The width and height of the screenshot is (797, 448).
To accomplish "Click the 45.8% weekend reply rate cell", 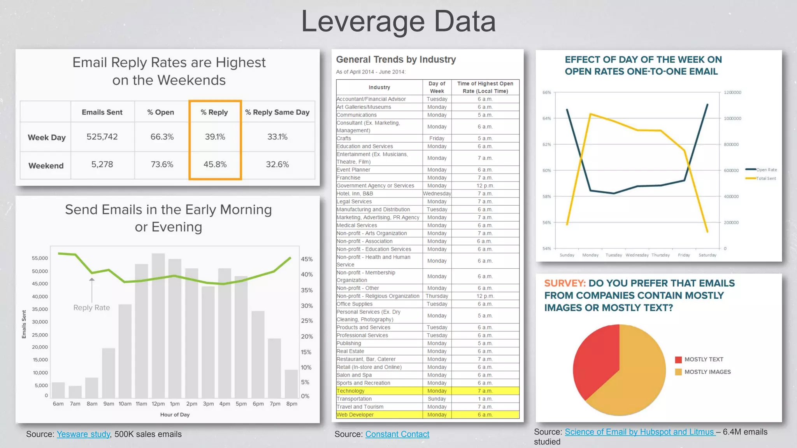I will click(215, 164).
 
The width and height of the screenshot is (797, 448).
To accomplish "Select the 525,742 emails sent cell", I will click(102, 137).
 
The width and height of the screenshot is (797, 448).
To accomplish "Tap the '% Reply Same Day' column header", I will click(277, 112).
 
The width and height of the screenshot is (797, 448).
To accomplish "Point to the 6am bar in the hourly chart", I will click(58, 390).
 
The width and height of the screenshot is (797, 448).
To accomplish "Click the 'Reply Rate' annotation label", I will click(91, 308).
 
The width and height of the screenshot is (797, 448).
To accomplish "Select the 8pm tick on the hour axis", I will click(291, 404).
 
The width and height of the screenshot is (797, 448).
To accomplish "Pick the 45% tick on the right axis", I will click(307, 259).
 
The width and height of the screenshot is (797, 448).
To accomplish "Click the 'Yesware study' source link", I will click(83, 434).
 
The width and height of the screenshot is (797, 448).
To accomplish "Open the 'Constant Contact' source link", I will click(397, 434).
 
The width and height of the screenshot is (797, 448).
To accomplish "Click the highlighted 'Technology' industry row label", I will click(351, 391).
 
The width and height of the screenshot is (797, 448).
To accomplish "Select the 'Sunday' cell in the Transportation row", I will click(437, 399).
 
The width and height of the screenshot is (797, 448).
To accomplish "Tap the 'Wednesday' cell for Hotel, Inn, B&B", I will click(437, 194).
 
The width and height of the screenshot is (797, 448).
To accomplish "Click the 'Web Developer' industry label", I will click(355, 415).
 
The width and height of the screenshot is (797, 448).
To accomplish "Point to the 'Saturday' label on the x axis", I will click(707, 255).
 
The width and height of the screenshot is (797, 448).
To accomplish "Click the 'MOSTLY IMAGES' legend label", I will click(707, 372).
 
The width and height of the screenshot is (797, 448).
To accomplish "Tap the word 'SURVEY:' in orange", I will click(565, 283).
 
